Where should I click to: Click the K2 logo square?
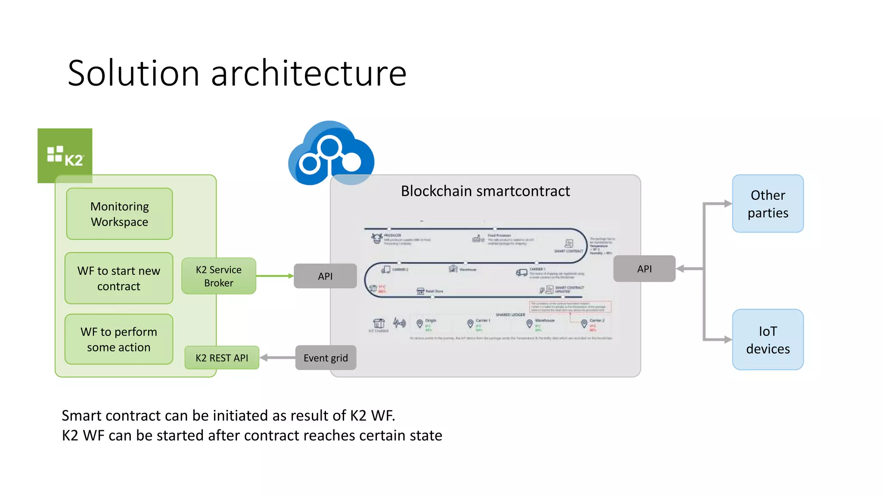pyautogui.click(x=65, y=155)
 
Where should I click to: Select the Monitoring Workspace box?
pyautogui.click(x=119, y=214)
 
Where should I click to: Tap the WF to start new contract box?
pyautogui.click(x=119, y=278)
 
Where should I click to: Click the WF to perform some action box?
pyautogui.click(x=119, y=339)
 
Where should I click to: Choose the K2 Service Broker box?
pyautogui.click(x=219, y=276)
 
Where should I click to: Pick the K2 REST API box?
pyautogui.click(x=222, y=358)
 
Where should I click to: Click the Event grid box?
pyautogui.click(x=326, y=358)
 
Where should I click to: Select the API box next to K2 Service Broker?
pyautogui.click(x=325, y=276)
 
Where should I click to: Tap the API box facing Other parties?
pyautogui.click(x=644, y=269)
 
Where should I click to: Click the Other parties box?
pyautogui.click(x=768, y=204)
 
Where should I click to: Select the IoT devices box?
pyautogui.click(x=768, y=340)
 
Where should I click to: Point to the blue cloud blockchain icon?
pyautogui.click(x=331, y=154)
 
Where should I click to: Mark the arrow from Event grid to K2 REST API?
pyautogui.click(x=278, y=357)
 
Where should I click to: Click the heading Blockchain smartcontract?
pyautogui.click(x=485, y=191)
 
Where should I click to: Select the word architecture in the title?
pyautogui.click(x=308, y=73)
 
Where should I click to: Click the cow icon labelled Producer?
pyautogui.click(x=377, y=238)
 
